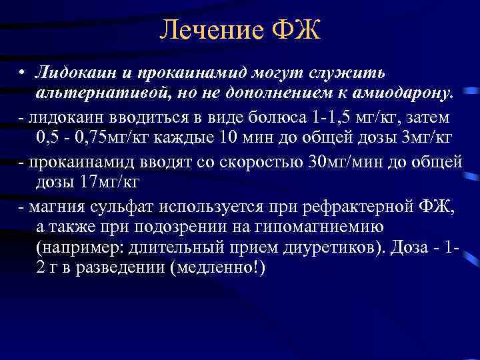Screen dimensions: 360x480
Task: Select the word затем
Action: point(435,118)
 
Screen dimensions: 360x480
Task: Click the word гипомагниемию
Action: point(322,227)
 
